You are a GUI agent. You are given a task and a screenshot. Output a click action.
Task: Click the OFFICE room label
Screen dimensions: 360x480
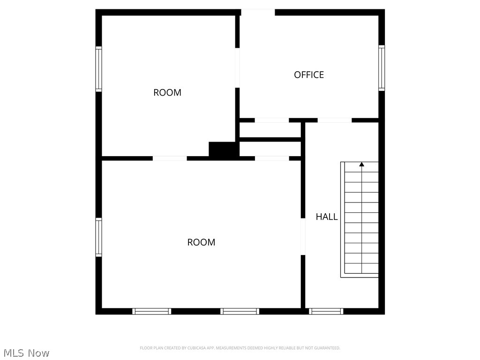(x=309, y=75)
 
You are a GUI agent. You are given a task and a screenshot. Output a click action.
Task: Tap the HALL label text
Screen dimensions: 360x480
(x=327, y=217)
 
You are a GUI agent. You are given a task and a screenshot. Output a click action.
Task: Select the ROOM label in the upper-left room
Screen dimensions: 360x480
(x=167, y=92)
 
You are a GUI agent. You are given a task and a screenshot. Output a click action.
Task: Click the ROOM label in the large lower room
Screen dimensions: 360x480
(x=201, y=242)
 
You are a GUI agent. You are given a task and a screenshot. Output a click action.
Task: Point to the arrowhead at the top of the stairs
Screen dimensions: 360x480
(x=361, y=164)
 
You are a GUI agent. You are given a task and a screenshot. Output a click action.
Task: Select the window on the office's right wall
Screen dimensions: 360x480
(x=382, y=67)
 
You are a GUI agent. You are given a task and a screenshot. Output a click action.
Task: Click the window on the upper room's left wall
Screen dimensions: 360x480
(x=98, y=69)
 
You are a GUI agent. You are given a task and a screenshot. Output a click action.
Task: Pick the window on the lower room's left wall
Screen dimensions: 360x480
(x=98, y=237)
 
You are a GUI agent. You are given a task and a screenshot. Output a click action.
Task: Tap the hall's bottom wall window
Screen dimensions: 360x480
(x=326, y=311)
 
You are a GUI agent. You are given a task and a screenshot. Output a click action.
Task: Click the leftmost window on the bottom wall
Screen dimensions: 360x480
(x=151, y=311)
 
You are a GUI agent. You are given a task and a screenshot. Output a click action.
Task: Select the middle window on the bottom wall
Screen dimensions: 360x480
(x=240, y=311)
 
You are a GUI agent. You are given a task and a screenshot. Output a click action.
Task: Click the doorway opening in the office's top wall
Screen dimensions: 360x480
(x=257, y=12)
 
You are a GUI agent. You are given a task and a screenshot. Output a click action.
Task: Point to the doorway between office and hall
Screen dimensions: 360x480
(x=334, y=120)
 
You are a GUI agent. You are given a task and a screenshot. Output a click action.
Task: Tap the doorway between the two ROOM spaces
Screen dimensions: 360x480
(x=170, y=158)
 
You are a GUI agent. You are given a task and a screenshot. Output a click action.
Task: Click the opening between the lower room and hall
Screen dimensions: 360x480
(x=303, y=236)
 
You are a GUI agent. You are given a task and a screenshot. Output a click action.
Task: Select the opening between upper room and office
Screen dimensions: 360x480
(x=237, y=67)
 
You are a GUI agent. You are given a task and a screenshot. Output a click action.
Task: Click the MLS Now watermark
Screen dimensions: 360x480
(x=26, y=353)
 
